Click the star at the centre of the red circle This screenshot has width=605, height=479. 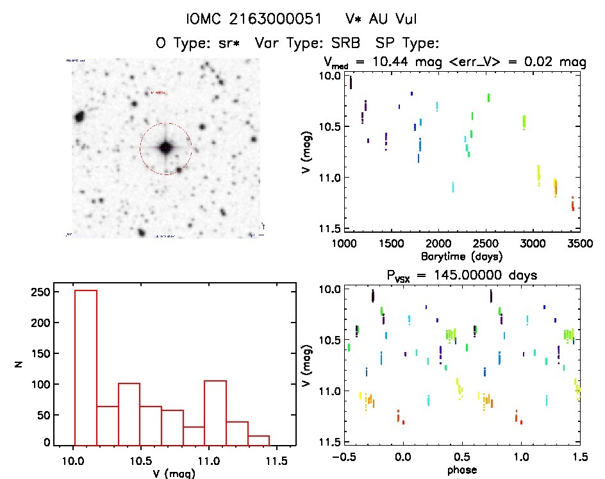[165, 148]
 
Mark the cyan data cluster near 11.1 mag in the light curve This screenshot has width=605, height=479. [453, 187]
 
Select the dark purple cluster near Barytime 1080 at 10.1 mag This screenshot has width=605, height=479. [351, 83]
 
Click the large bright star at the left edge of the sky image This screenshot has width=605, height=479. [80, 117]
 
